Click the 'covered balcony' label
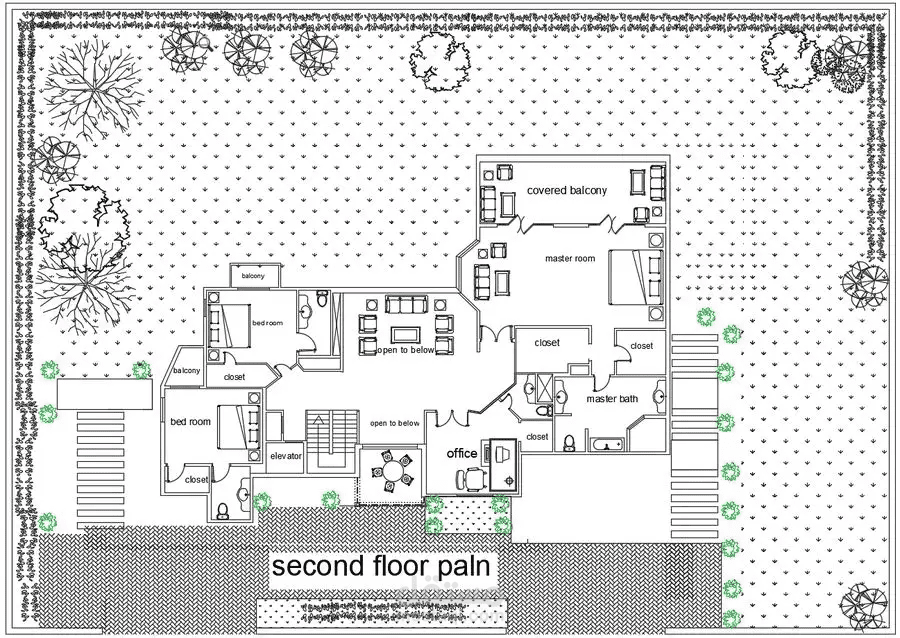(567, 190)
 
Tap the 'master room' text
(570, 259)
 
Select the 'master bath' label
(612, 399)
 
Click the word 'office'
(462, 453)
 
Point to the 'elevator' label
(286, 456)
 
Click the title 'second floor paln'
(381, 566)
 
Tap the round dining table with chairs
(393, 471)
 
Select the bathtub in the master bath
(607, 444)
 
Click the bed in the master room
(636, 278)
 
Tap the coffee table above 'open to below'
(406, 334)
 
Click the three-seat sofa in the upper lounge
(406, 304)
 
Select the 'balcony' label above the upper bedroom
(253, 276)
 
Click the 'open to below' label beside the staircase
(395, 423)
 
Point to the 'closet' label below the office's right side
(537, 437)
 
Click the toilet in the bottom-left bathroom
(222, 510)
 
